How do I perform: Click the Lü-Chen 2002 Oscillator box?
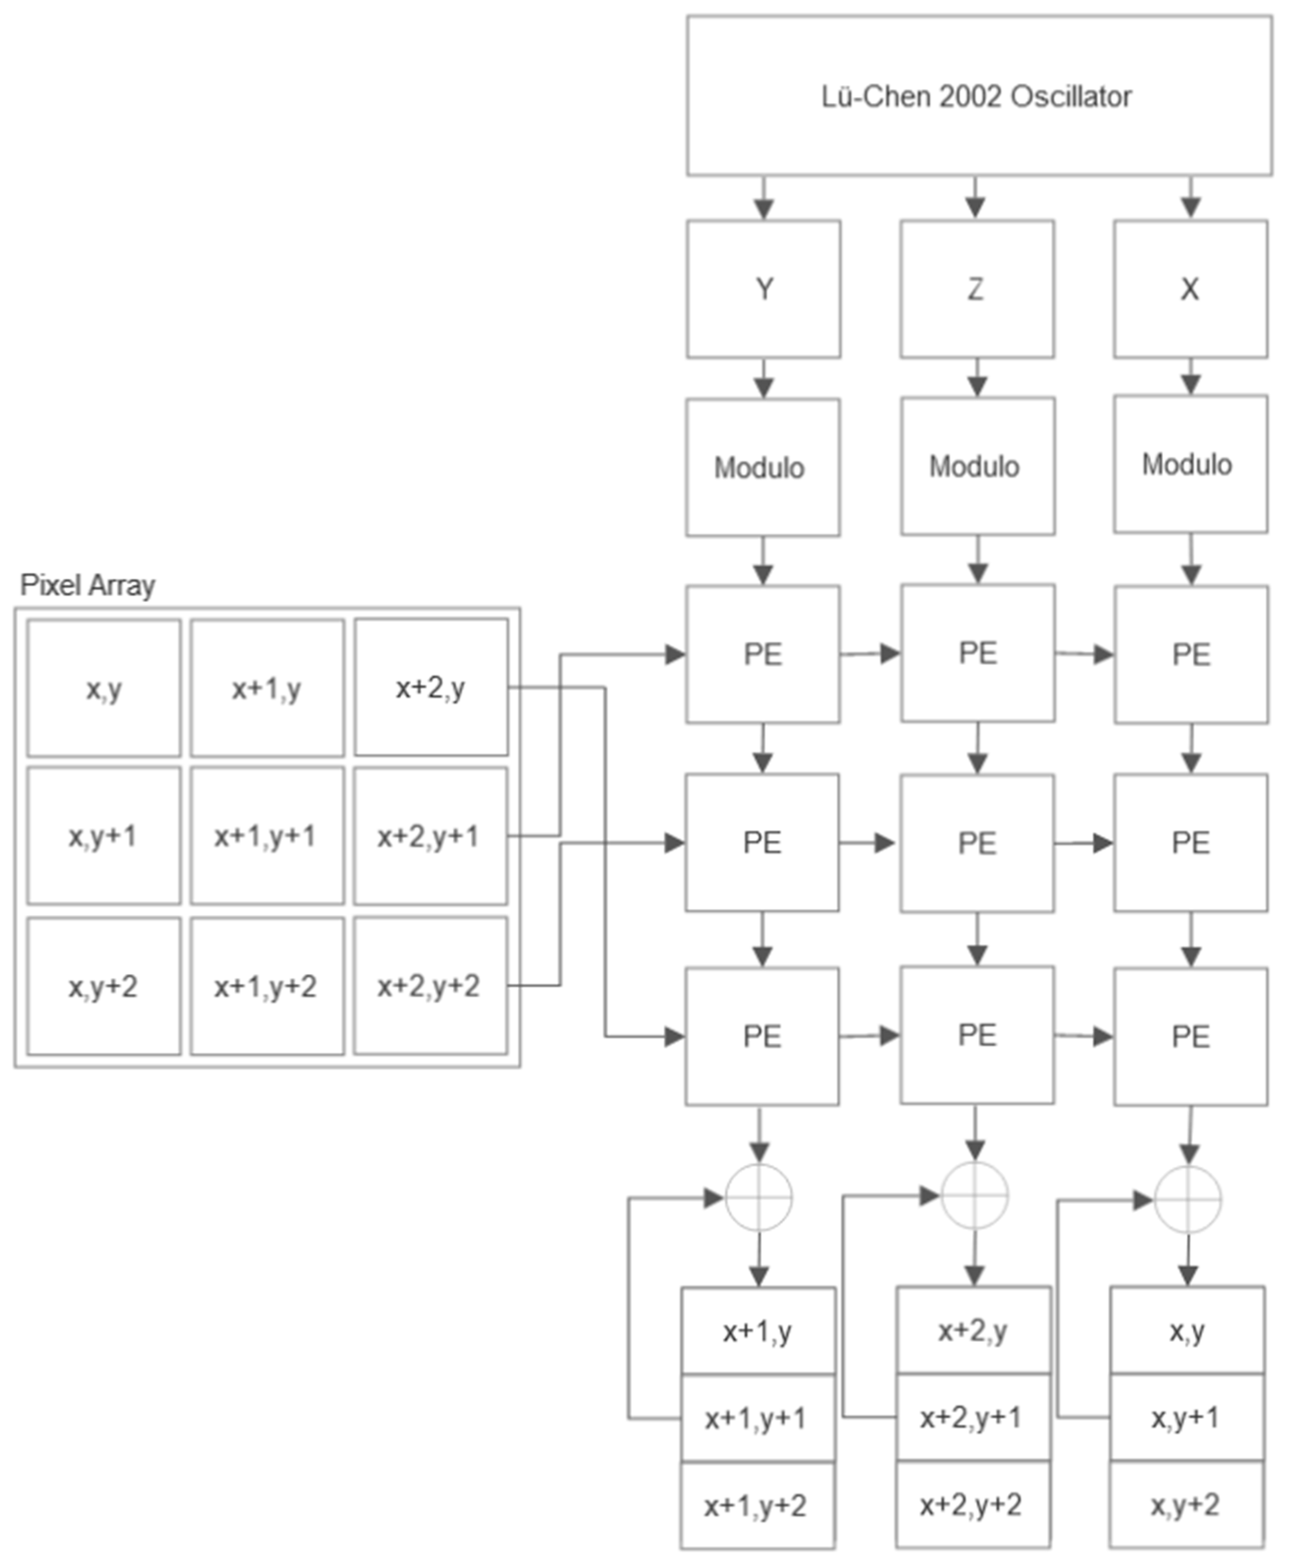pos(979,96)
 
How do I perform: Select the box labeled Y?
pos(764,289)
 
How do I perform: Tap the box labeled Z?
pos(977,289)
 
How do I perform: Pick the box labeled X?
pos(1190,289)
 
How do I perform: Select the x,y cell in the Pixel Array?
pos(103,688)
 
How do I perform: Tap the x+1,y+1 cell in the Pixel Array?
pos(266,836)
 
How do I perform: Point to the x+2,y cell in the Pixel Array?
pos(431,687)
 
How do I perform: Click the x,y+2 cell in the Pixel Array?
pos(103,987)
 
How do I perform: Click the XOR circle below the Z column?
pos(974,1196)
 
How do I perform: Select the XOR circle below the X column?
pos(1188,1199)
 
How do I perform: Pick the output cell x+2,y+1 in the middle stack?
pos(972,1417)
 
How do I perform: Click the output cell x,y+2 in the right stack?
pos(1186,1505)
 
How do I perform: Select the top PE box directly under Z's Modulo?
pos(977,653)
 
